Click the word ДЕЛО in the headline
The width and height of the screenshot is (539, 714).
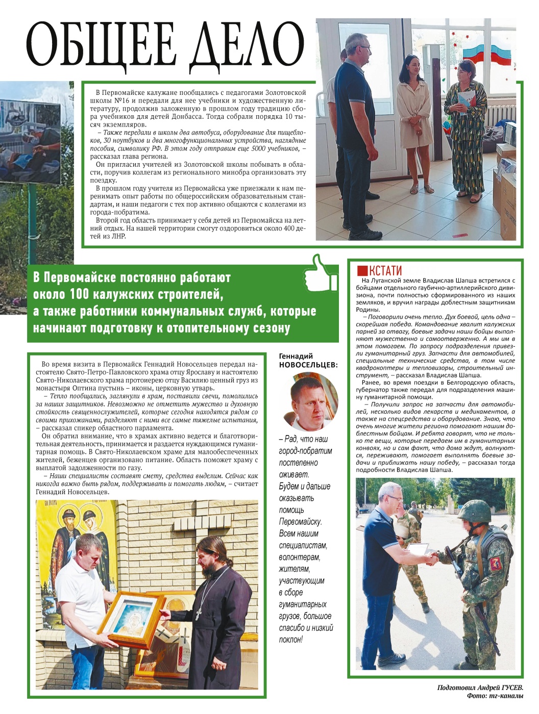pyautogui.click(x=248, y=45)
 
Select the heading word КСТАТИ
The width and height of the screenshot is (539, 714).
pyautogui.click(x=385, y=270)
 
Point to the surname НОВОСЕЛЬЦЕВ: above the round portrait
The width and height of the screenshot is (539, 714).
pyautogui.click(x=308, y=365)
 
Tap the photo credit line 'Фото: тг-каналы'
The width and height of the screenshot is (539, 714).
pyautogui.click(x=494, y=696)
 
